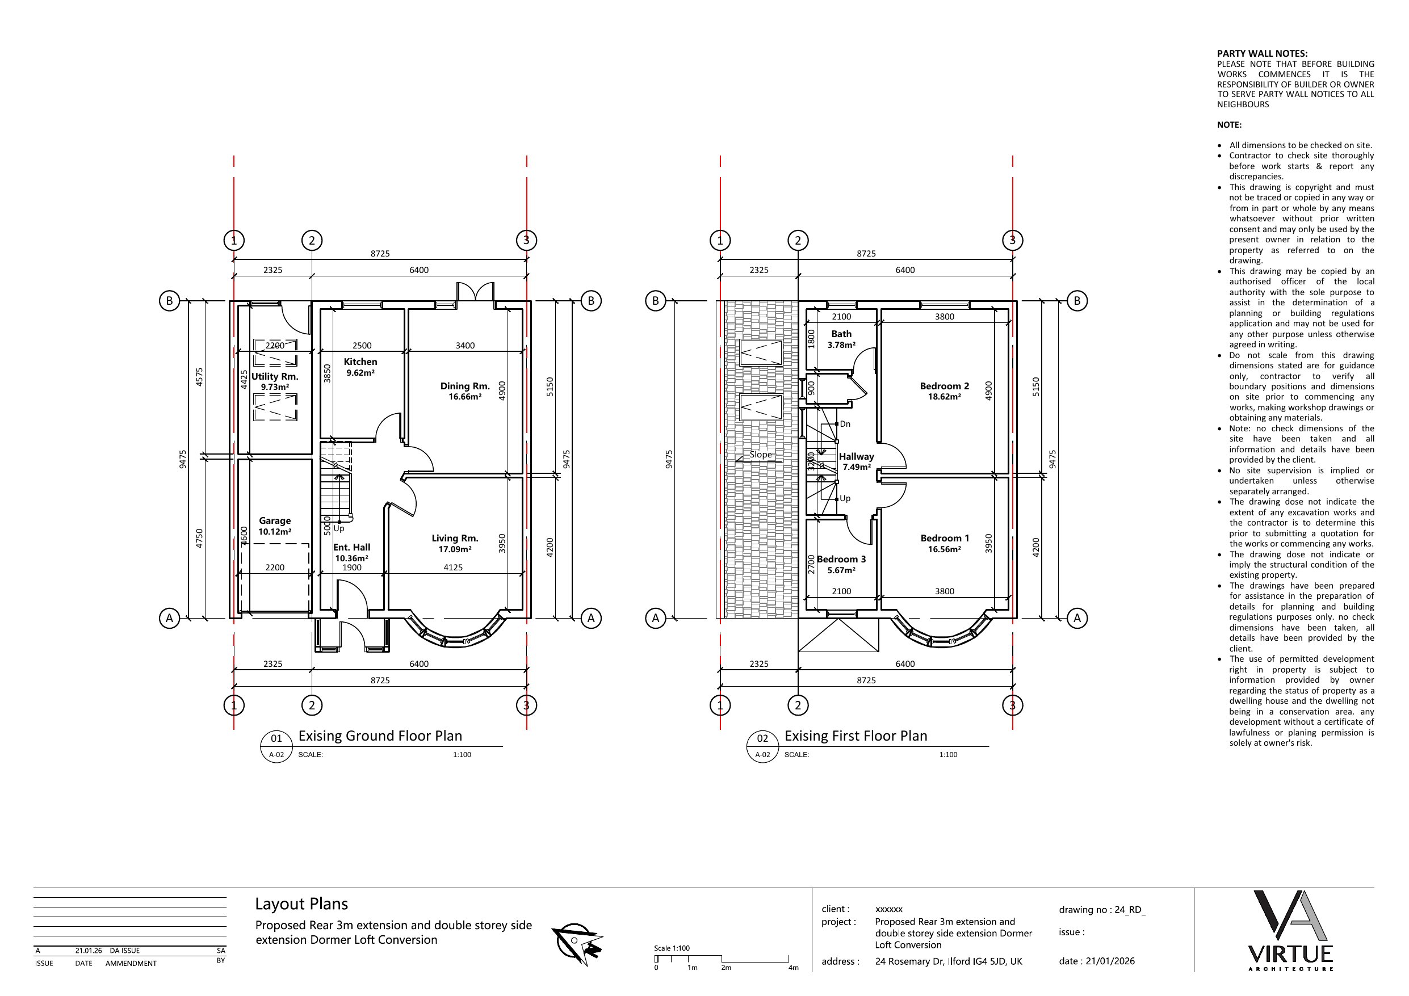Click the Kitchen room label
tap(360, 362)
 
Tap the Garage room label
tap(274, 520)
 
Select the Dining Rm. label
tap(464, 386)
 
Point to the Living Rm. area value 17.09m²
tap(455, 549)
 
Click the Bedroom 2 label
tap(945, 386)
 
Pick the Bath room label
tap(841, 334)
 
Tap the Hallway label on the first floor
tap(856, 457)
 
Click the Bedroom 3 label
tap(841, 559)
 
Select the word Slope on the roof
tap(760, 455)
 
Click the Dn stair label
tap(845, 424)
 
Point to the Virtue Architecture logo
tap(1290, 930)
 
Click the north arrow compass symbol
tap(577, 942)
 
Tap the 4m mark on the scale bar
tap(793, 968)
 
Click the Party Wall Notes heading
tap(1263, 53)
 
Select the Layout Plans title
tap(301, 904)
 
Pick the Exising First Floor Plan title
tap(856, 736)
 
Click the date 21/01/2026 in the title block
tap(1110, 961)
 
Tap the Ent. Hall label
tap(351, 548)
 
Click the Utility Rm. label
tap(275, 376)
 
